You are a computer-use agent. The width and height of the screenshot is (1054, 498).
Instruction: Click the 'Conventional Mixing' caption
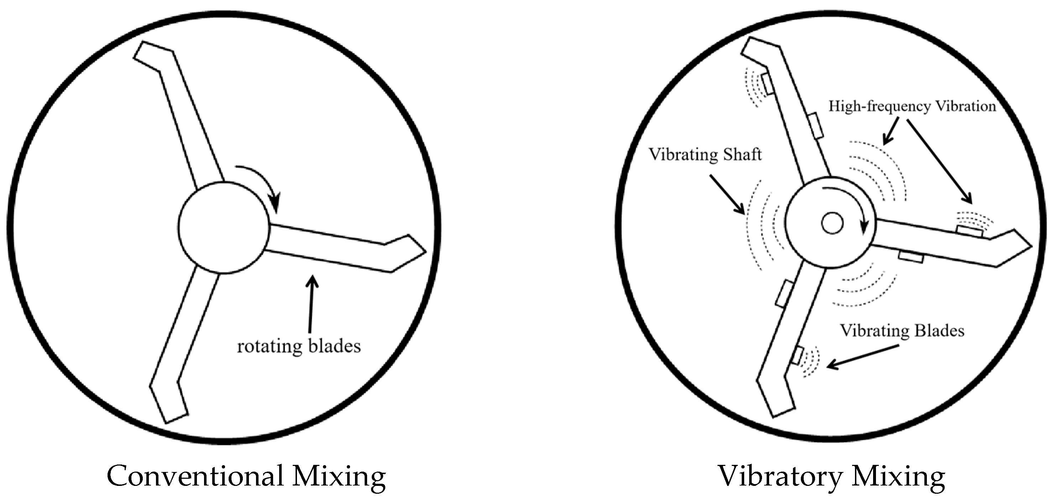[x=246, y=476]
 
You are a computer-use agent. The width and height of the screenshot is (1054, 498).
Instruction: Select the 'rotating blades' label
[x=299, y=346]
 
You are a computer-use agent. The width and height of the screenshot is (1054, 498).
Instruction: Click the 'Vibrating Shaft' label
[x=705, y=155]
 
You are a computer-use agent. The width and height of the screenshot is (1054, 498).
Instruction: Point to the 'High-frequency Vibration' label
[x=912, y=107]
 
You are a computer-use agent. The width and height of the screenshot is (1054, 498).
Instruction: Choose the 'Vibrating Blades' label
[x=902, y=330]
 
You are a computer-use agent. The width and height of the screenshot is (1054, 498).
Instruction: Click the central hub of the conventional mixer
[x=224, y=227]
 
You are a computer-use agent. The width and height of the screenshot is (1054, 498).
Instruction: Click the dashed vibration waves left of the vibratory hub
[x=763, y=225]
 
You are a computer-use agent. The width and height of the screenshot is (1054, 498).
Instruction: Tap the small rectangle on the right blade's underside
[x=911, y=257]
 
